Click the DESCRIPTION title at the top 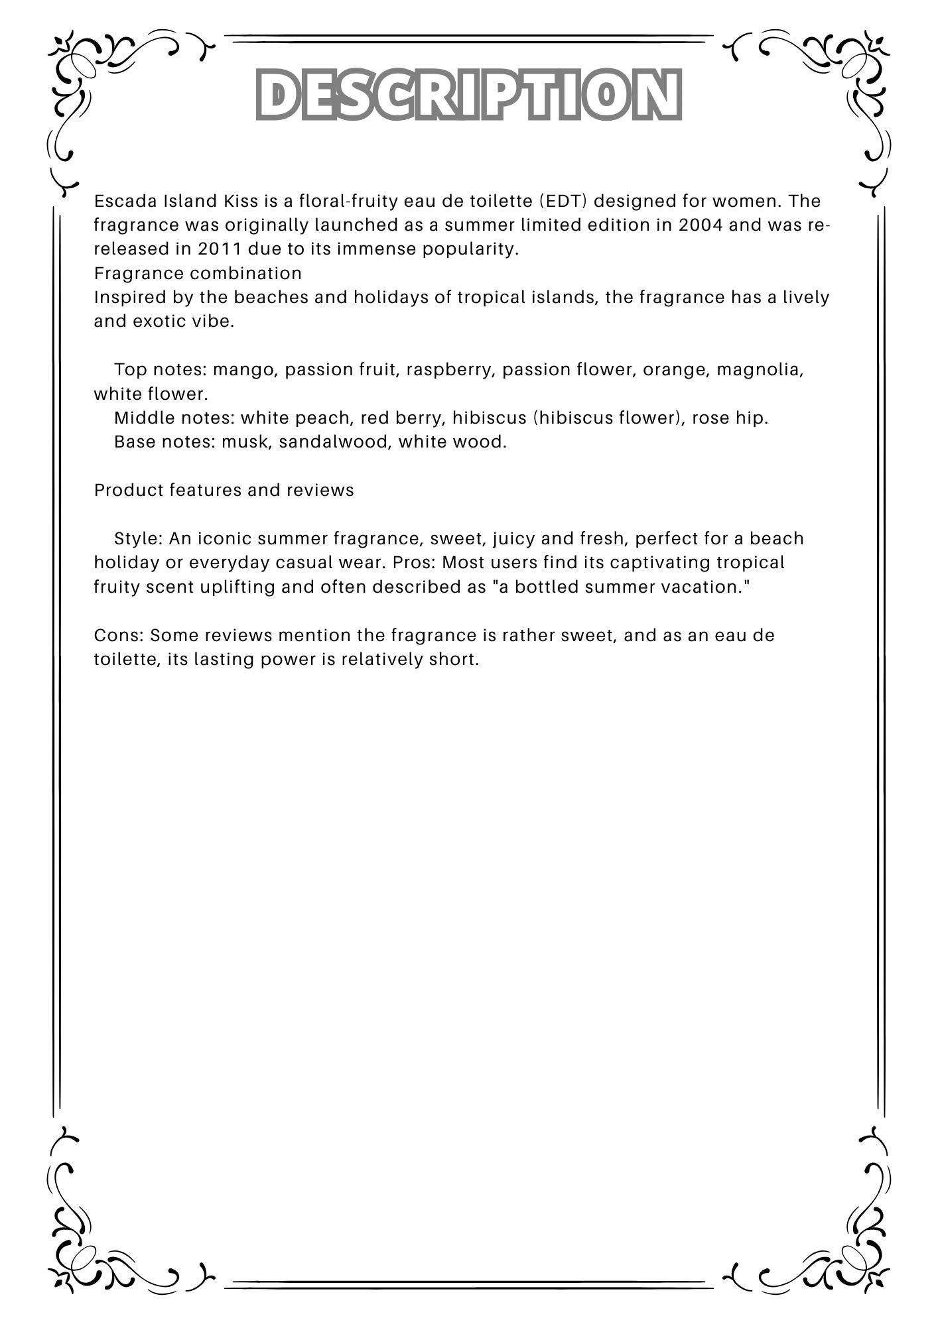point(468,94)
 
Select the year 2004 point(701,225)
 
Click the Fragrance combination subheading point(198,273)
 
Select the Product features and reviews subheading point(224,490)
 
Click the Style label point(138,538)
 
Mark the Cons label point(119,635)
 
